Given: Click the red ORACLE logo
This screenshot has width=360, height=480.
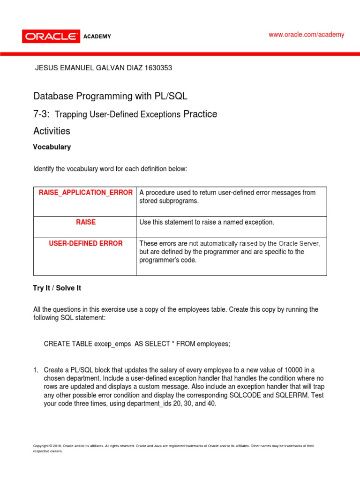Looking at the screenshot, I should pyautogui.click(x=50, y=36).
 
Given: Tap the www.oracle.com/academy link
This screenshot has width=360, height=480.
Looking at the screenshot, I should pyautogui.click(x=306, y=35).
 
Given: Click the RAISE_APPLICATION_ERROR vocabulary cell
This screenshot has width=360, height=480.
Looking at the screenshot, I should pyautogui.click(x=85, y=193).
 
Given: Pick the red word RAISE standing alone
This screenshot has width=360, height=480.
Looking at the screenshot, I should pyautogui.click(x=86, y=222).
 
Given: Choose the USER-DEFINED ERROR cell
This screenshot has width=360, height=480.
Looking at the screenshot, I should pyautogui.click(x=86, y=243).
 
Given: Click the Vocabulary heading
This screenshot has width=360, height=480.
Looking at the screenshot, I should pyautogui.click(x=52, y=147).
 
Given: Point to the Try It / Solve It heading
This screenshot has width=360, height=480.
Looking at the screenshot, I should pyautogui.click(x=57, y=288).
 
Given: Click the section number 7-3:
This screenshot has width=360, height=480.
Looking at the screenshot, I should pyautogui.click(x=42, y=114).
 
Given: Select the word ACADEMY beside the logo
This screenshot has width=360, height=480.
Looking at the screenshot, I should pyautogui.click(x=97, y=37).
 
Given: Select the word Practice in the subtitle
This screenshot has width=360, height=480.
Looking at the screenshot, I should pyautogui.click(x=200, y=114).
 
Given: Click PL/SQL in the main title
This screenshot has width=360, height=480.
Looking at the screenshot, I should pyautogui.click(x=171, y=97).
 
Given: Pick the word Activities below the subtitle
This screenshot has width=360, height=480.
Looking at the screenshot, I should pyautogui.click(x=52, y=131).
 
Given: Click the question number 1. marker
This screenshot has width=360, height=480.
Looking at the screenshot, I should pyautogui.click(x=36, y=370).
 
